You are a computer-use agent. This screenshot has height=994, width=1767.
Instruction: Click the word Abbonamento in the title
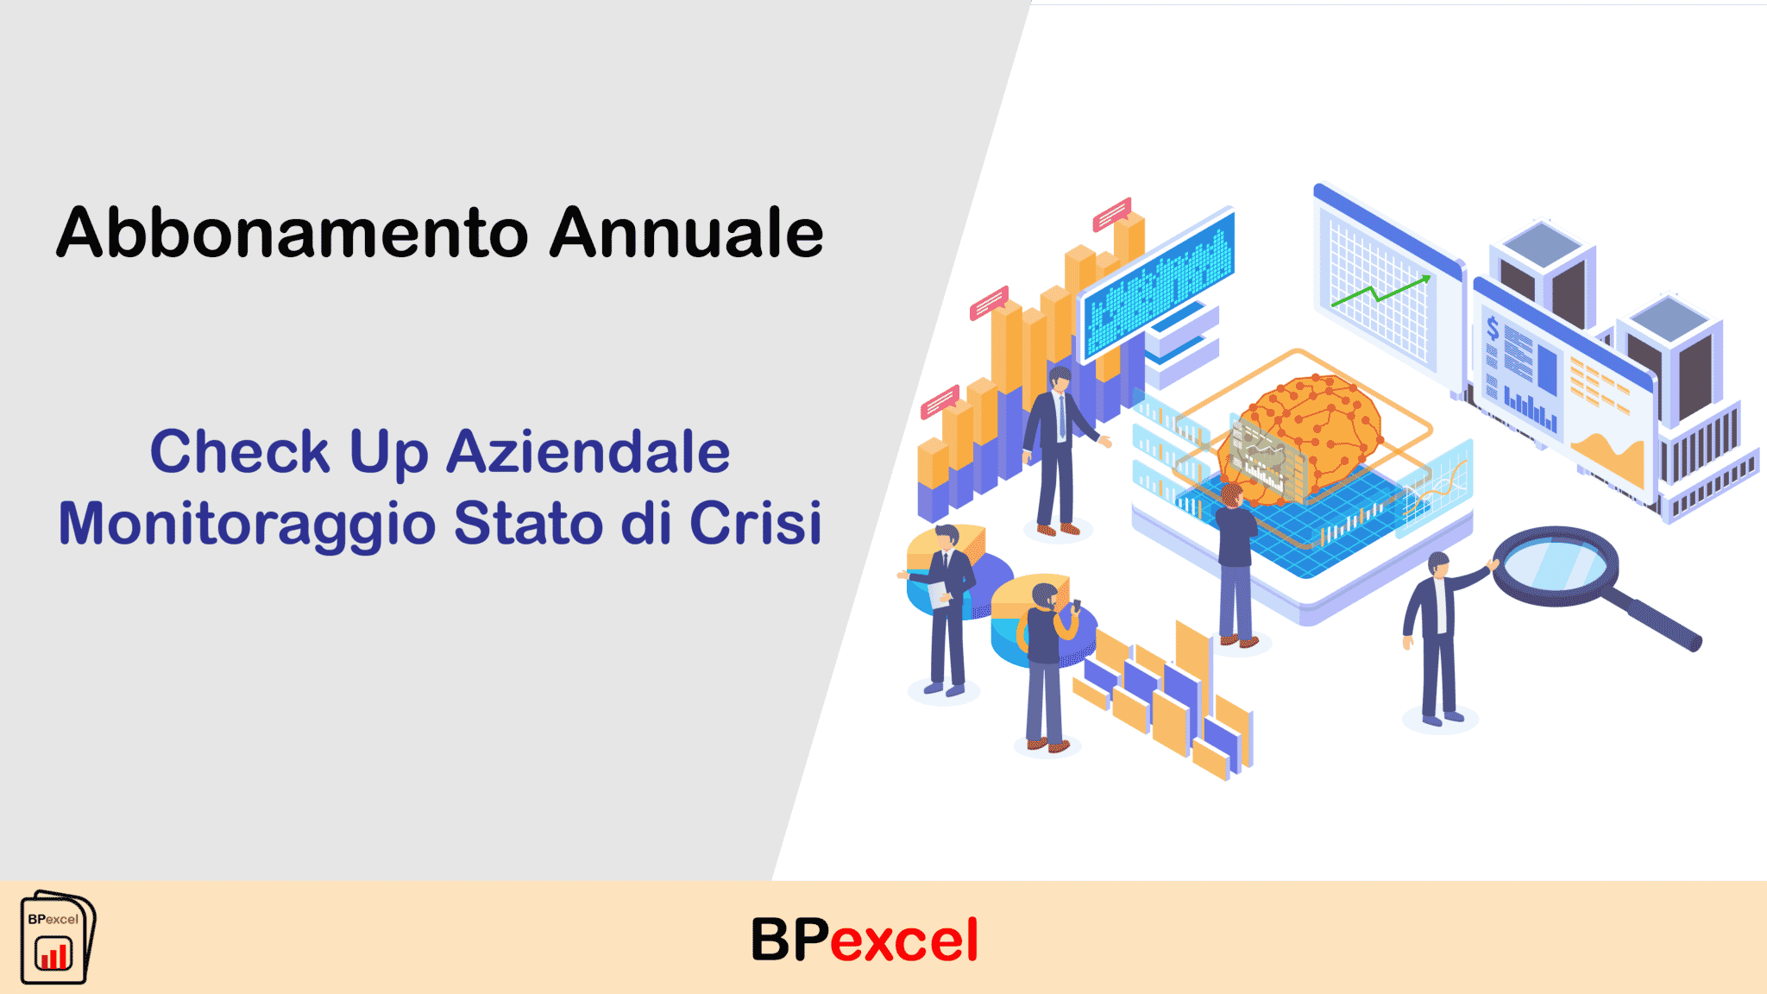tap(292, 233)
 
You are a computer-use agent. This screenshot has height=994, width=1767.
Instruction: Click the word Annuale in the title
tap(687, 233)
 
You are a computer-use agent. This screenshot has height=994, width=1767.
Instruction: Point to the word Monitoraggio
tap(247, 525)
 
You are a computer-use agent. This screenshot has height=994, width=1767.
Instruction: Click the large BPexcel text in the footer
tap(865, 940)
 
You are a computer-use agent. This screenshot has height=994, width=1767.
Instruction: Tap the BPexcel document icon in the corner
tap(58, 937)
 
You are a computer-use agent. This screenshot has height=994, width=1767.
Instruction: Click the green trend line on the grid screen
tap(1380, 291)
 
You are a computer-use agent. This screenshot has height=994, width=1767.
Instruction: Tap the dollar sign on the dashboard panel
tap(1493, 329)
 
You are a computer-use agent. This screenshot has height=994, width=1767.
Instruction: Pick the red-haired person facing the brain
tap(1236, 565)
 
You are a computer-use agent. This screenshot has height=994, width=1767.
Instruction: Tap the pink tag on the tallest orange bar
tap(1112, 214)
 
